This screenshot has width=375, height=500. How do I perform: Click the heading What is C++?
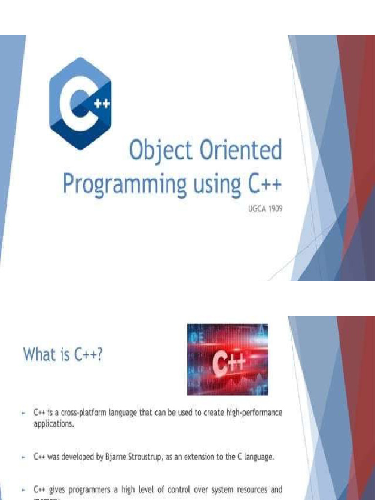(63, 355)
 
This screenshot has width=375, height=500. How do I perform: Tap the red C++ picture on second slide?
(227, 359)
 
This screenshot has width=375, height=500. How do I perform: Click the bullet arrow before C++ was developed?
(23, 458)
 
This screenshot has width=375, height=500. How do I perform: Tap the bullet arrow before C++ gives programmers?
(23, 489)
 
